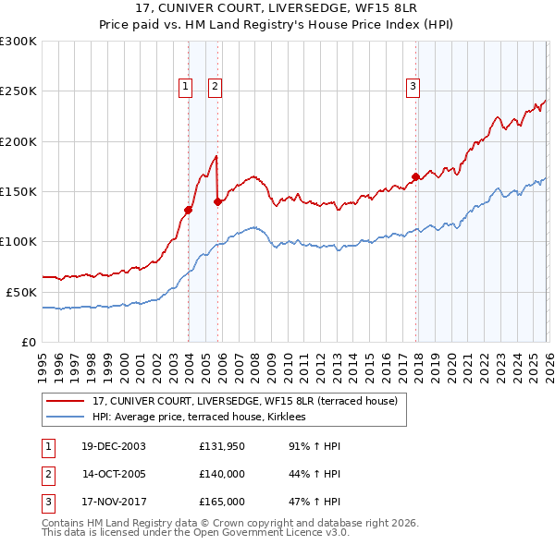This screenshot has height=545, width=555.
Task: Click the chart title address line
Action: [x=277, y=9]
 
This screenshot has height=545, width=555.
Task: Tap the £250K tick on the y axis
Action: [x=18, y=91]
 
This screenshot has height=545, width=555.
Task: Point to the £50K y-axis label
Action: [x=21, y=292]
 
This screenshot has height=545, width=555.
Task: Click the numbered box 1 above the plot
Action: [x=186, y=88]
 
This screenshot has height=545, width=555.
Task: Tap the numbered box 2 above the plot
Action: [x=215, y=88]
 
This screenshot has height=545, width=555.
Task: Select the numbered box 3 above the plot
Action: [x=413, y=88]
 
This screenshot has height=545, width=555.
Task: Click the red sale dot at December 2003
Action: [x=188, y=210]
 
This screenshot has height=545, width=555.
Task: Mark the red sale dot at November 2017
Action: [x=415, y=176]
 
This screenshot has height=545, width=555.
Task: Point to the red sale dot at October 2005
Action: [x=218, y=201]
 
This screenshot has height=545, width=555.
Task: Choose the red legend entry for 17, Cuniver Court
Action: [x=245, y=401]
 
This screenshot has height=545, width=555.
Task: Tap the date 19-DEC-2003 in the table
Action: [x=114, y=446]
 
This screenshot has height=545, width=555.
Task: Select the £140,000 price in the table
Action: [x=222, y=474]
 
